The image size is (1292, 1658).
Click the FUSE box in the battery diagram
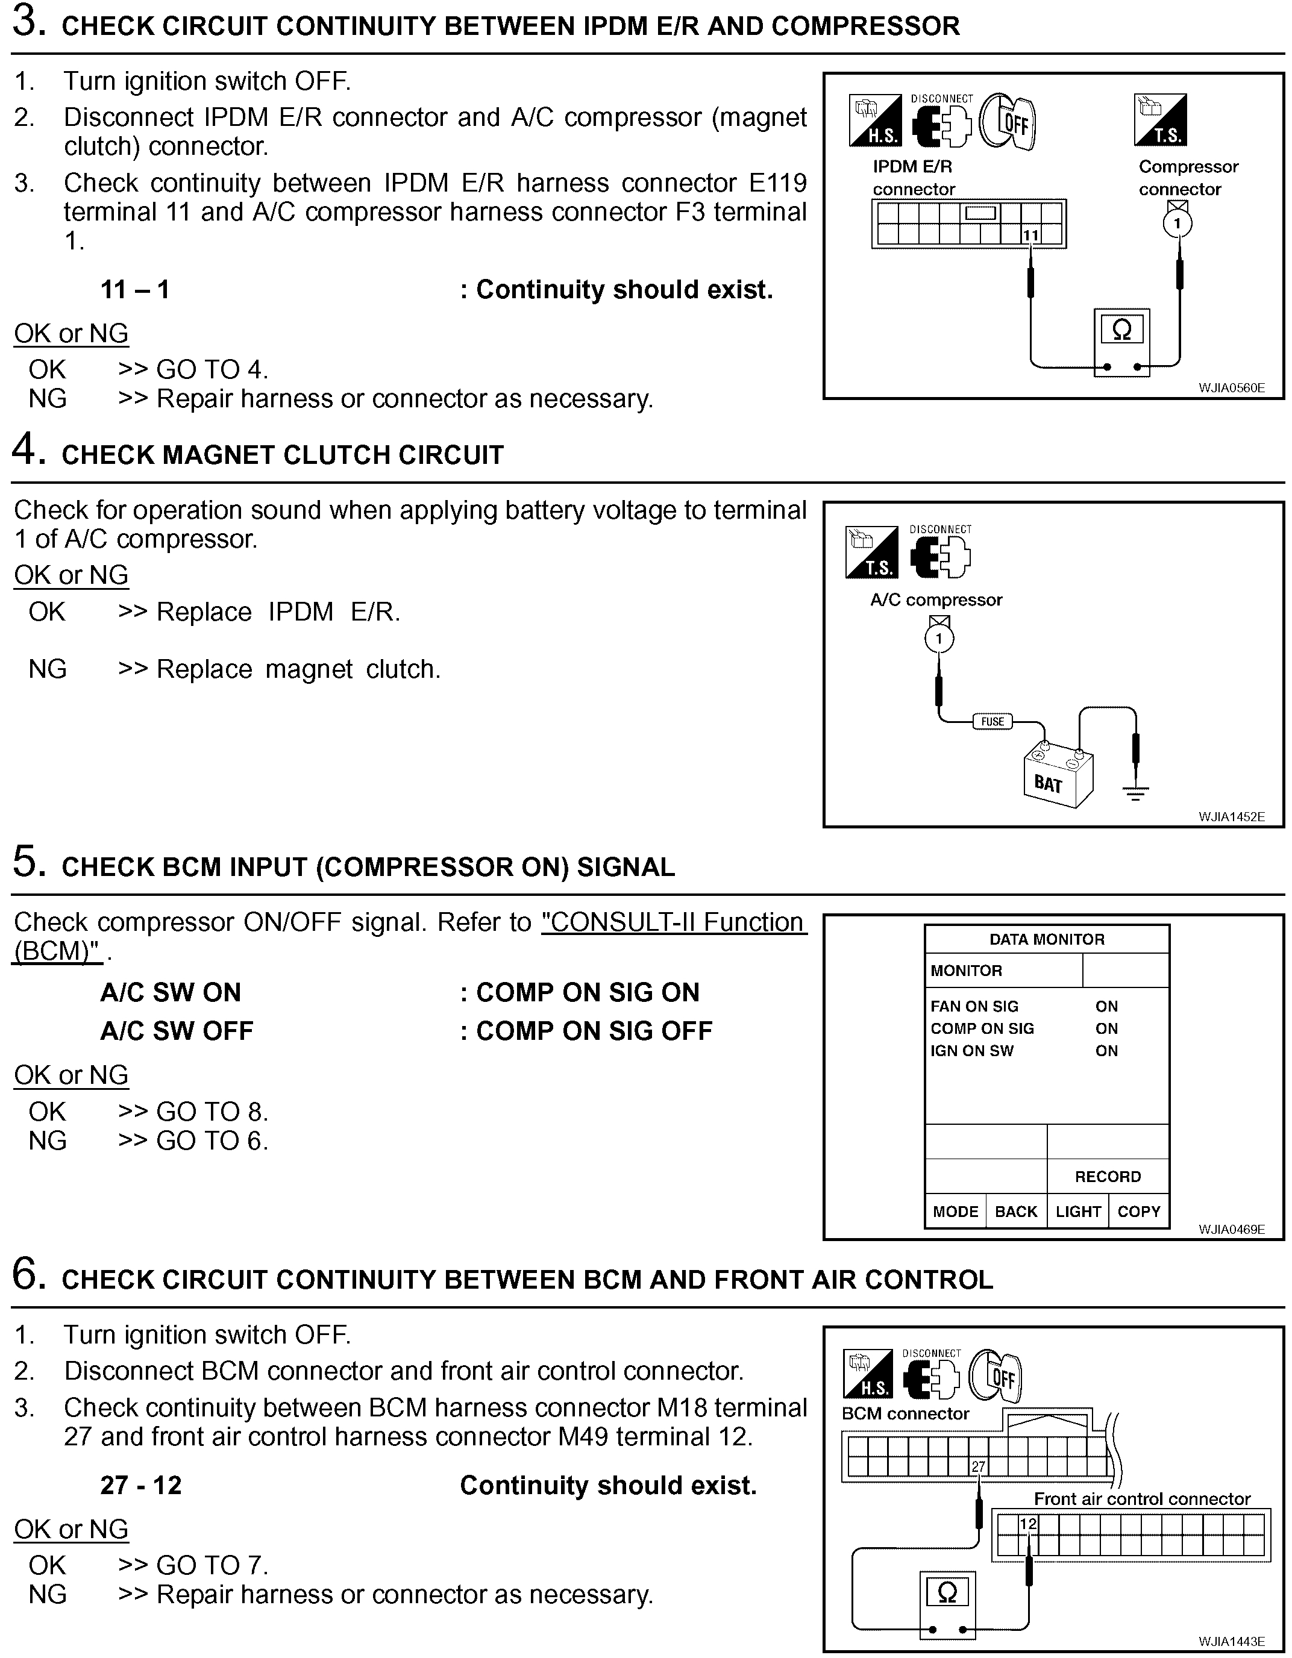click(992, 721)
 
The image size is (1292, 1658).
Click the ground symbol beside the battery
click(1135, 793)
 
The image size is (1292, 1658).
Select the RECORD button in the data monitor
click(1108, 1176)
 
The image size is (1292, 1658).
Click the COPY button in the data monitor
click(1138, 1211)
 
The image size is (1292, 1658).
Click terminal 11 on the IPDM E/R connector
click(1030, 236)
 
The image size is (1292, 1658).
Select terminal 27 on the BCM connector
click(978, 1466)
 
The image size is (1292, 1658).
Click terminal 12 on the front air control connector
click(1027, 1524)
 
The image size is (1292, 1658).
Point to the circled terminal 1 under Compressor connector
click(1178, 223)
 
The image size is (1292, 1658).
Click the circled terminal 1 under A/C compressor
click(939, 637)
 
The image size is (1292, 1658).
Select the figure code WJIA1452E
click(1231, 817)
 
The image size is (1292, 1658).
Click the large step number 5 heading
click(25, 863)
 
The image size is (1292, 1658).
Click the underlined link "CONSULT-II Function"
click(672, 922)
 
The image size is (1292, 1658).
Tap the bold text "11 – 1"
click(135, 289)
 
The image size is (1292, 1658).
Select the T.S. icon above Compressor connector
click(1160, 120)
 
